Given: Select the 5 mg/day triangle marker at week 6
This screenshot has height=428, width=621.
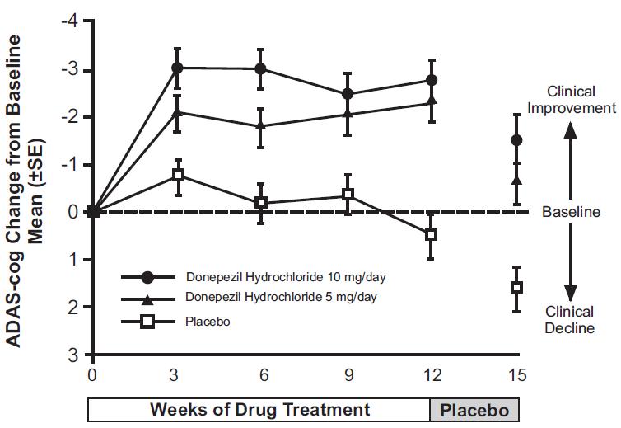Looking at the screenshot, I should [261, 126].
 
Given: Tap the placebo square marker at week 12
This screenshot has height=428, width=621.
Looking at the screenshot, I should [431, 235].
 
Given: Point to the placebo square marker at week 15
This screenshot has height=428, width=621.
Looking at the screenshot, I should [516, 287].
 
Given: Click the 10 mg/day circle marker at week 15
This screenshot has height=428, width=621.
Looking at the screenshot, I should [516, 140].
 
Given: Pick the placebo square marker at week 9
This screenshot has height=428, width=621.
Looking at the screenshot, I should [348, 195].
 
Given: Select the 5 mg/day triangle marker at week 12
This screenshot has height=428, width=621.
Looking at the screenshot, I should [432, 101].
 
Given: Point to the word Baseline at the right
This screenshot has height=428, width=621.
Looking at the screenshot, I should [571, 213].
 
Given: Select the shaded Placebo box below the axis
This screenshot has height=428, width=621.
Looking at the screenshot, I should [475, 410].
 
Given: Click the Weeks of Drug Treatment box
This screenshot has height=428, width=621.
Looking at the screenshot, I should [259, 410].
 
